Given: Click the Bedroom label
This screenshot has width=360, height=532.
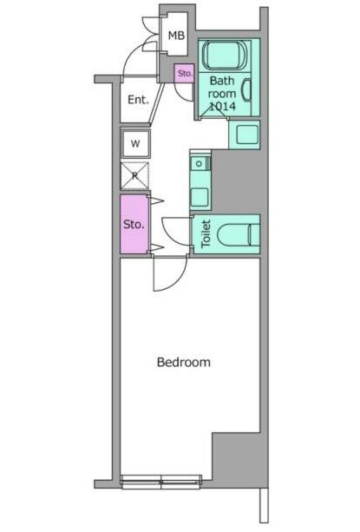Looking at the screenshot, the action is click(183, 362).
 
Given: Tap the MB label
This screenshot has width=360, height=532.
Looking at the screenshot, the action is click(176, 35).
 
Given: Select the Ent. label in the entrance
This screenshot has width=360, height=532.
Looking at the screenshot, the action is click(138, 100).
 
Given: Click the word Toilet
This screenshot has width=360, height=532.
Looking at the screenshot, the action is click(206, 233).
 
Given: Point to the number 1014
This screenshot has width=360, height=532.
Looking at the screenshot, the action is click(222, 106).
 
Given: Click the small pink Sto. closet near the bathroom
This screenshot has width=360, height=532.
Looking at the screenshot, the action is click(185, 73).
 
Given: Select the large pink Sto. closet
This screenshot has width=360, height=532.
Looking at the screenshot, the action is click(134, 224).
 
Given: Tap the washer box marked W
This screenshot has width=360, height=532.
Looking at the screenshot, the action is click(135, 144).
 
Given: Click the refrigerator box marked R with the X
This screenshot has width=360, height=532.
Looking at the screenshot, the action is click(135, 176).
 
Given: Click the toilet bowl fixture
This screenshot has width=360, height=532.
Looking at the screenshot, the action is click(238, 234).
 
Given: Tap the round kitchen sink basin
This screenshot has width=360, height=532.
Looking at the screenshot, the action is click(199, 164).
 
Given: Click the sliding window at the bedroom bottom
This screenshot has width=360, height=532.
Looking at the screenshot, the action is click(161, 482).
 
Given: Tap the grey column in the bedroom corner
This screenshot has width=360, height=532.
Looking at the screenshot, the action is click(236, 456).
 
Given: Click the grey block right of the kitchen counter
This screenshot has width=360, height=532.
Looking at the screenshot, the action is click(236, 181).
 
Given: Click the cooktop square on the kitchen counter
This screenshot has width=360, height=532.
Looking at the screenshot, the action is click(200, 198).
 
